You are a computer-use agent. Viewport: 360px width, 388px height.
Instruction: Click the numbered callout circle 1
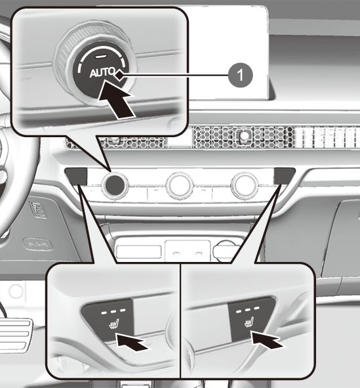[240, 75]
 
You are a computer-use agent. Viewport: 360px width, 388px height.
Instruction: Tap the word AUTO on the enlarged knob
[102, 73]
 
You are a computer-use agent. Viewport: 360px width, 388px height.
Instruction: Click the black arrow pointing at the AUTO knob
[115, 99]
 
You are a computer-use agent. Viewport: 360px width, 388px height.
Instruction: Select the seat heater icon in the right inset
[249, 322]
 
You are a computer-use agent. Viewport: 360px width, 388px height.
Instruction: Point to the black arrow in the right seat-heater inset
[268, 340]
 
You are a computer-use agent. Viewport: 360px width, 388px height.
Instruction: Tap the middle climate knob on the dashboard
[180, 185]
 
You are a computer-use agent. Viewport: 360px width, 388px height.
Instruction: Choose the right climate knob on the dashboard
[244, 186]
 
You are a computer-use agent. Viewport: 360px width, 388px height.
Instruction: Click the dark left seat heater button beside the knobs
[76, 176]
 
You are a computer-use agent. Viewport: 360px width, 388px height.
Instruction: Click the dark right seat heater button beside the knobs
[284, 176]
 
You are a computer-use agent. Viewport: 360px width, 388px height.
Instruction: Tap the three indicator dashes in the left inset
[113, 311]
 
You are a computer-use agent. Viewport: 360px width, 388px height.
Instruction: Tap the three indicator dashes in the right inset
[248, 310]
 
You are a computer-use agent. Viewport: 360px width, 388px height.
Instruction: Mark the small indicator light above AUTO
[100, 57]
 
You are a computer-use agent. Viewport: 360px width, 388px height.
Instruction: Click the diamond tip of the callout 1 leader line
[119, 75]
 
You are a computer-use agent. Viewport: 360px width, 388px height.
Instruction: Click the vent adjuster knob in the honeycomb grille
[245, 135]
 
